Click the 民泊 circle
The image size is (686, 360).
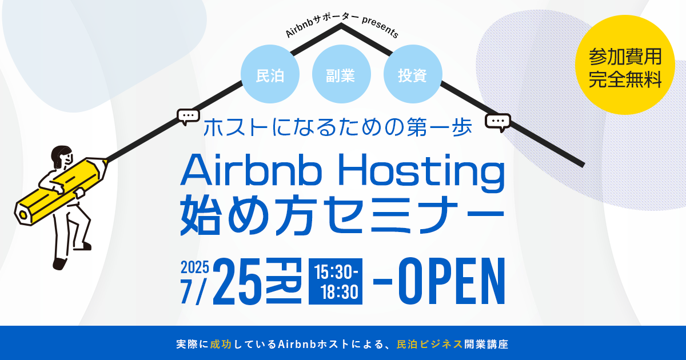[270, 74]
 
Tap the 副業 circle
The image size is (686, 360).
[341, 74]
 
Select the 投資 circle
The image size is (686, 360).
[412, 74]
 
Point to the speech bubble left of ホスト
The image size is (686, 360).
[188, 117]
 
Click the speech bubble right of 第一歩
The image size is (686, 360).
[498, 122]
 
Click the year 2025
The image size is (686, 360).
[195, 267]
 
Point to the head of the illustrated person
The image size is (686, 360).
[61, 156]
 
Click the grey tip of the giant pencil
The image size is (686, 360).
[23, 214]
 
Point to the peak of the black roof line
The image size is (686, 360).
[341, 25]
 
